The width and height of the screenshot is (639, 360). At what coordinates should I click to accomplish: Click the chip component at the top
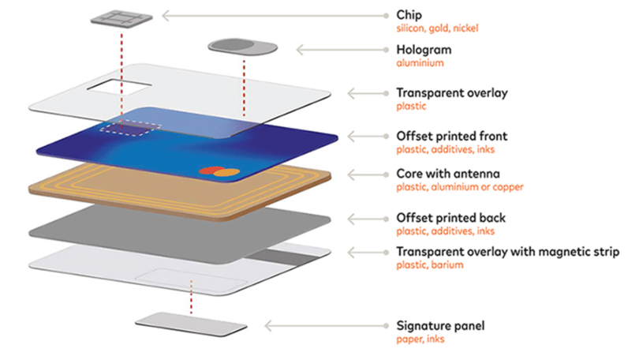pyautogui.click(x=121, y=19)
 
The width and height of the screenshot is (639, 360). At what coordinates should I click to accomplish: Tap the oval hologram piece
pyautogui.click(x=243, y=47)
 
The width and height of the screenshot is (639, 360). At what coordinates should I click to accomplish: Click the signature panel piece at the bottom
pyautogui.click(x=191, y=324)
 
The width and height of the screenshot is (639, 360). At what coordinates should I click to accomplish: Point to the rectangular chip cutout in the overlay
pyautogui.click(x=119, y=88)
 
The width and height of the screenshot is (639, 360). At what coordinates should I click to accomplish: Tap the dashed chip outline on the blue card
pyautogui.click(x=130, y=129)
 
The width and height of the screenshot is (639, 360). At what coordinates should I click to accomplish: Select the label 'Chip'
pyautogui.click(x=409, y=15)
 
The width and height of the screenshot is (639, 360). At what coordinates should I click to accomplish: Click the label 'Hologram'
pyautogui.click(x=424, y=50)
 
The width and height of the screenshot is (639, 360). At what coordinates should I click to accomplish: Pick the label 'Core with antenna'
pyautogui.click(x=448, y=174)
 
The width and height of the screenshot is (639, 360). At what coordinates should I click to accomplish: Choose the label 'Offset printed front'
pyautogui.click(x=452, y=136)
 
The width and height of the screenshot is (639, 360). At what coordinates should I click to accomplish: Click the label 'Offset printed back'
pyautogui.click(x=450, y=218)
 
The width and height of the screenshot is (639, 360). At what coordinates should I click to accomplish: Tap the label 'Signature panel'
pyautogui.click(x=440, y=326)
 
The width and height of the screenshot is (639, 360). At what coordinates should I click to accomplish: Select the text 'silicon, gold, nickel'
pyautogui.click(x=437, y=28)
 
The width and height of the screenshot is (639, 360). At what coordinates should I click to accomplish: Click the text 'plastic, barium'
pyautogui.click(x=429, y=265)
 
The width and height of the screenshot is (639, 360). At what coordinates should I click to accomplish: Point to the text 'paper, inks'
pyautogui.click(x=420, y=339)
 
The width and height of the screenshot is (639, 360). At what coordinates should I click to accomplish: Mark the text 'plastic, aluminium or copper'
pyautogui.click(x=460, y=187)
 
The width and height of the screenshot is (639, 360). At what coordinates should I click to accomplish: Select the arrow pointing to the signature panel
pyautogui.click(x=327, y=326)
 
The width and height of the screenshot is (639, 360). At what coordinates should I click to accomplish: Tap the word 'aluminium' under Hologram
pyautogui.click(x=420, y=63)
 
